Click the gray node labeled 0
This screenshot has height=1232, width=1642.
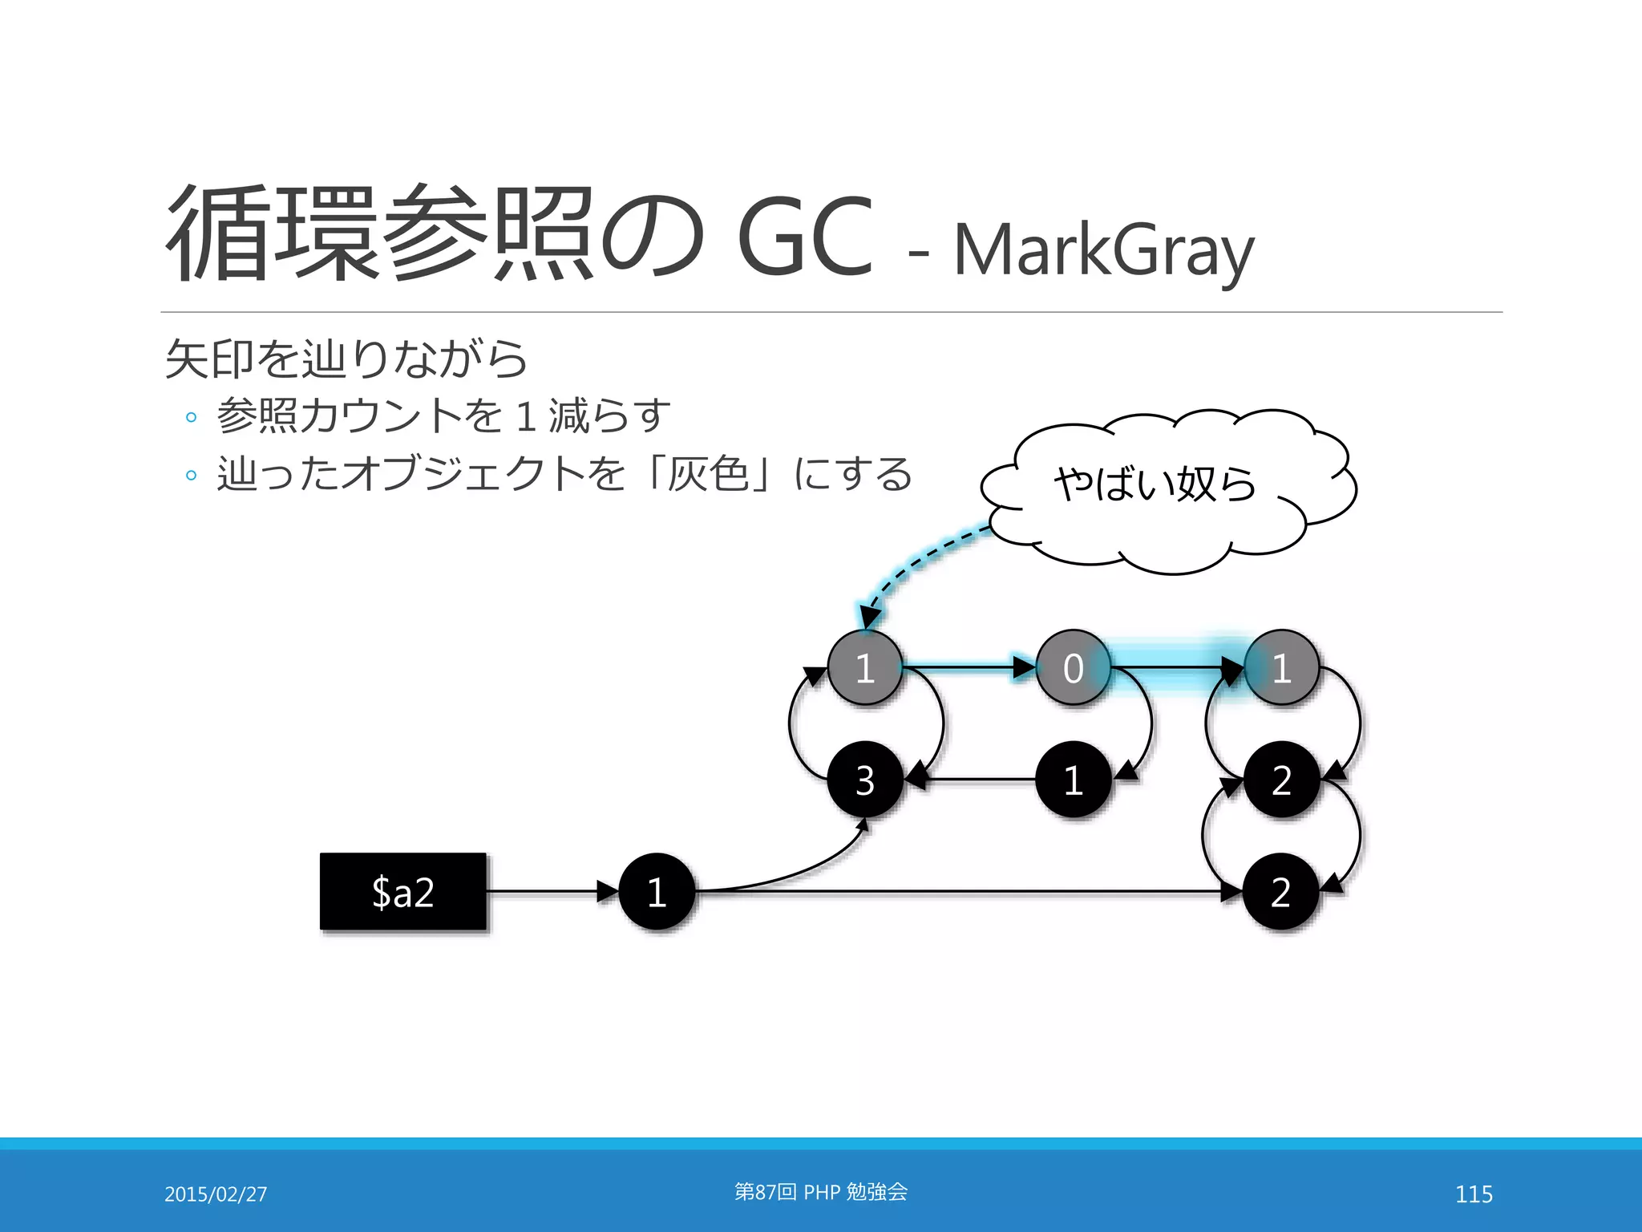1073,667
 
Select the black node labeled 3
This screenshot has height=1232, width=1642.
865,780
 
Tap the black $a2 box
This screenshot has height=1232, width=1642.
403,892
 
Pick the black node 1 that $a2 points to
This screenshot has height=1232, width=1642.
657,892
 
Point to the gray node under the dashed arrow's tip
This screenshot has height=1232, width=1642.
865,667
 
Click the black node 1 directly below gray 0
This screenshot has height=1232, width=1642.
1073,780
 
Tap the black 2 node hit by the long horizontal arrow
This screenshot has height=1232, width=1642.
1280,892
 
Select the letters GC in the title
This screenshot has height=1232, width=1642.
804,237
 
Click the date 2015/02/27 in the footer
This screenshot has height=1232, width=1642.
216,1194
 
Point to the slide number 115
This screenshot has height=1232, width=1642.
1474,1194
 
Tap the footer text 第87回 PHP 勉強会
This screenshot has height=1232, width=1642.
821,1192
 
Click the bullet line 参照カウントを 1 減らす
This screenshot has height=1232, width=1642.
443,415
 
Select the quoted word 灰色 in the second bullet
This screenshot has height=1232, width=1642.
708,473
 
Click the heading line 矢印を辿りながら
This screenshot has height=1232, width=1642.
346,359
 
